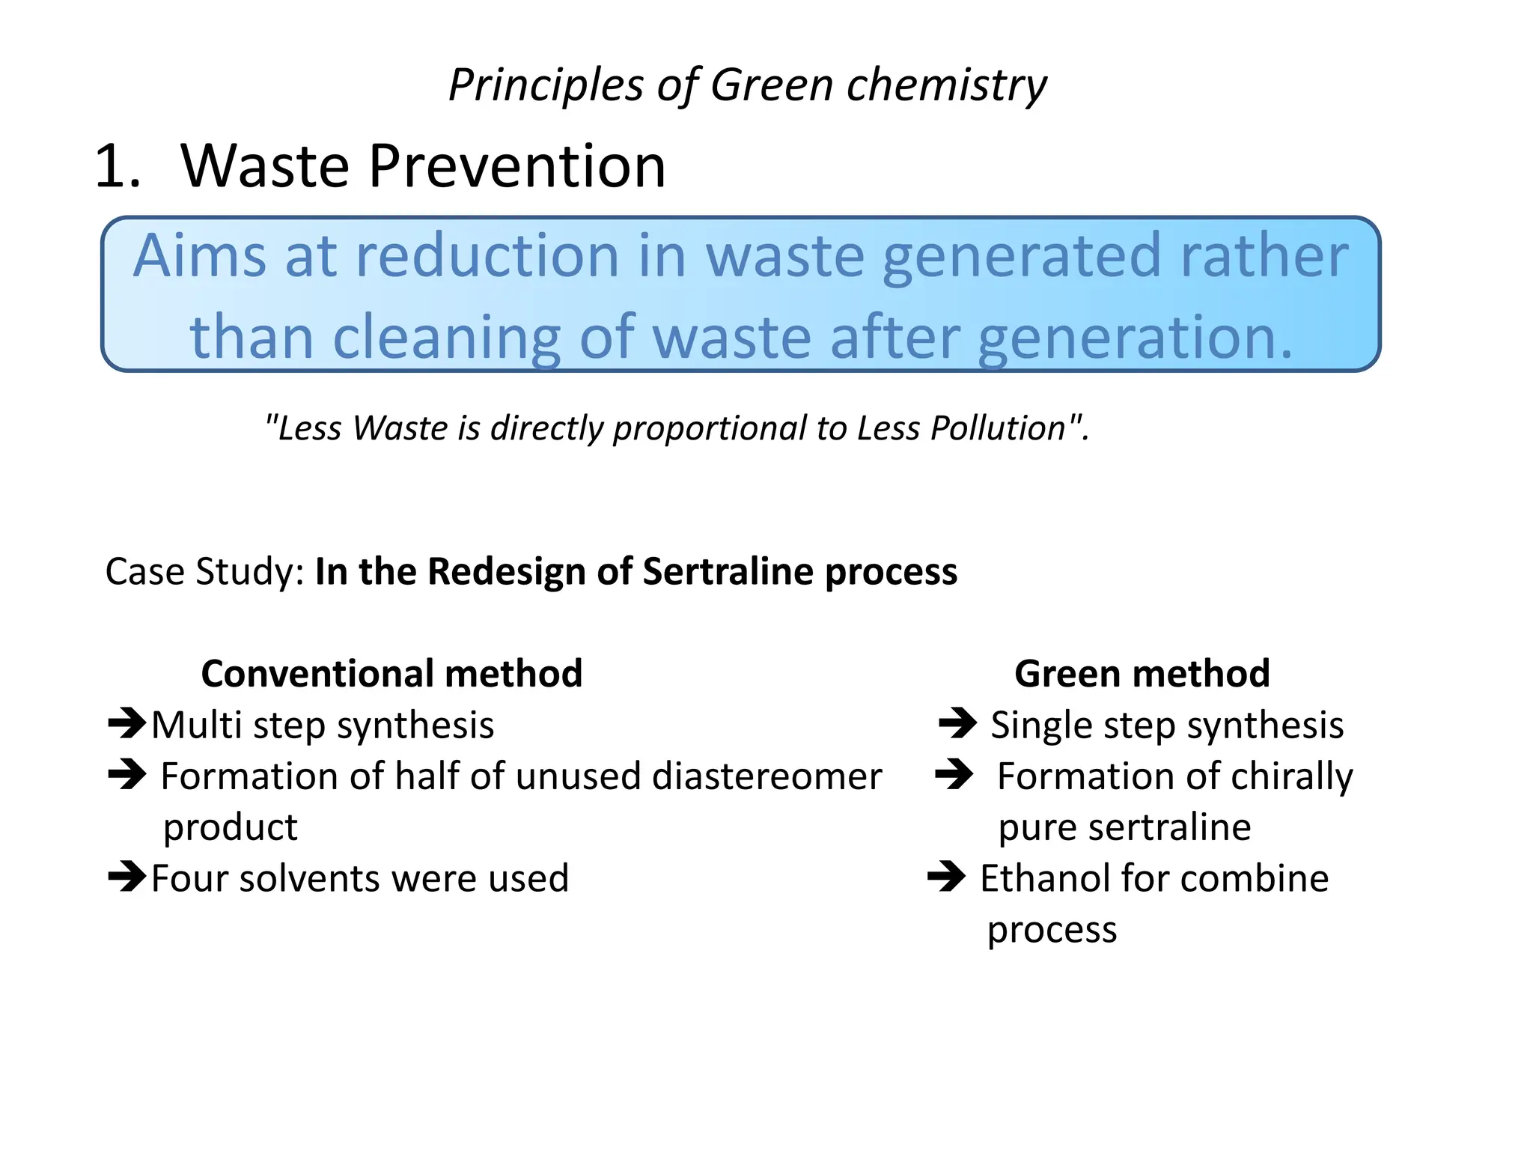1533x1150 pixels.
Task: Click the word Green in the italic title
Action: click(771, 85)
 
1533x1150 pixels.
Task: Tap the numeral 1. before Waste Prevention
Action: click(118, 166)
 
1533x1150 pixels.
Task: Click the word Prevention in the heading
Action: click(516, 166)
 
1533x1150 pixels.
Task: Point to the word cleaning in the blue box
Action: click(446, 338)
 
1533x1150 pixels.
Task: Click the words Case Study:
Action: click(204, 572)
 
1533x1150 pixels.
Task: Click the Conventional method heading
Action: click(391, 674)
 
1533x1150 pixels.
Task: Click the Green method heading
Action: click(1142, 674)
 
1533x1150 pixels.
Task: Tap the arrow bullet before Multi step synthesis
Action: click(127, 724)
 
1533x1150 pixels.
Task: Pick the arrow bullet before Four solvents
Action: click(127, 877)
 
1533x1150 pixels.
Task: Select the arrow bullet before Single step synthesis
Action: click(957, 724)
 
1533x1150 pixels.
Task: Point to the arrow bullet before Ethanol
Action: click(946, 877)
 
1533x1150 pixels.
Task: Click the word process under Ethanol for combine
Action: click(1052, 931)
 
